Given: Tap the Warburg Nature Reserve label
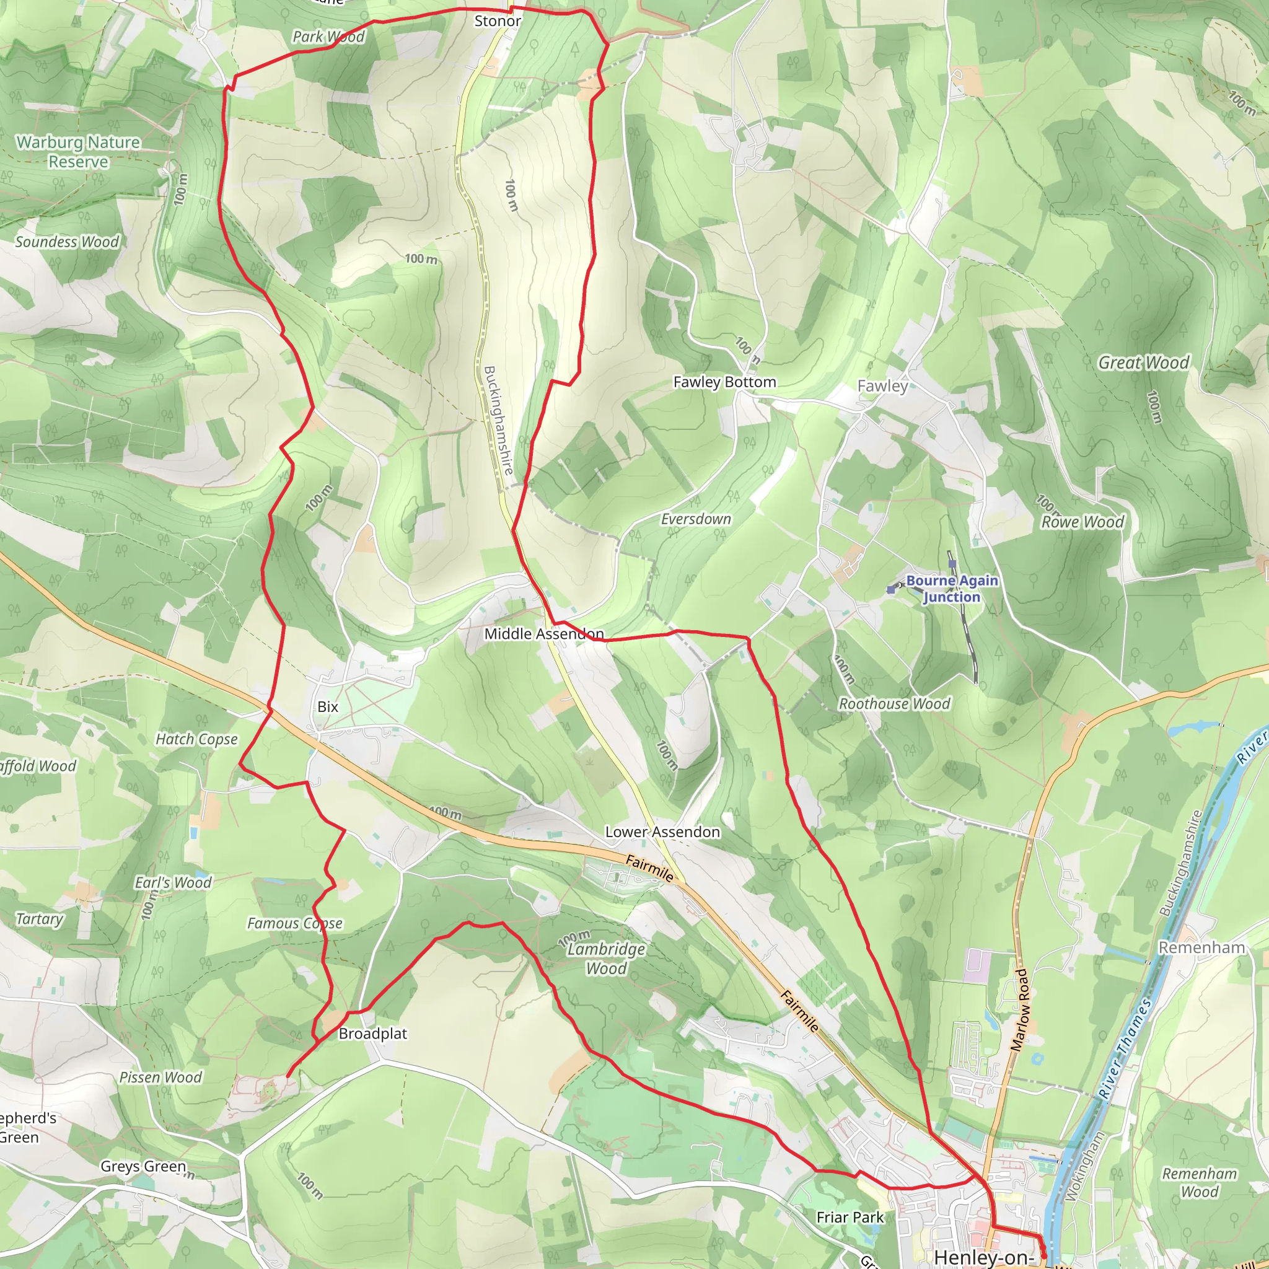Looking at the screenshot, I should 78,152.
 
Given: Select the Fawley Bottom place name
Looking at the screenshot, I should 724,382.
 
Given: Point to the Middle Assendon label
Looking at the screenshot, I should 544,634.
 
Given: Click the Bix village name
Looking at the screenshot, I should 328,707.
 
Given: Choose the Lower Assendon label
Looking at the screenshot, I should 662,832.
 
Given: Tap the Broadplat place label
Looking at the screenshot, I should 372,1033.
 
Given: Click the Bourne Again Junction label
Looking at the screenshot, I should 952,589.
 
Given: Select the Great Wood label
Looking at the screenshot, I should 1144,362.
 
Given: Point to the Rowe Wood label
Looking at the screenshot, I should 1082,522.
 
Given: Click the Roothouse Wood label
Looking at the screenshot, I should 894,703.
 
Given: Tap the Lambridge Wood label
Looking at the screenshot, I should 606,959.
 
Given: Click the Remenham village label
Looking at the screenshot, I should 1201,947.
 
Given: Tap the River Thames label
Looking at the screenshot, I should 1125,1048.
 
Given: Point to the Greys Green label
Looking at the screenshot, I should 143,1166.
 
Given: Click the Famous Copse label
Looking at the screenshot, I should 295,923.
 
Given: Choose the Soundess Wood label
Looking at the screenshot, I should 67,242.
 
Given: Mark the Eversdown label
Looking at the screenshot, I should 696,519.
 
